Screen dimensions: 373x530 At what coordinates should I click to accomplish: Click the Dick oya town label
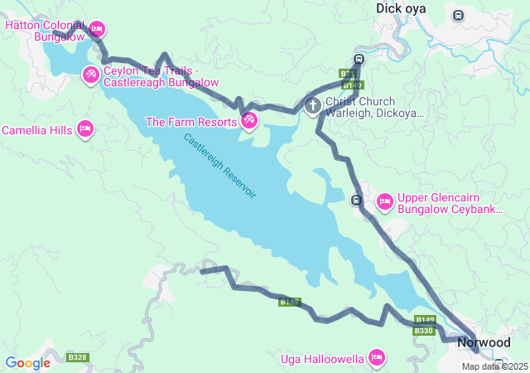(402, 8)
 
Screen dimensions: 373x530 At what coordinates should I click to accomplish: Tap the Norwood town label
(484, 342)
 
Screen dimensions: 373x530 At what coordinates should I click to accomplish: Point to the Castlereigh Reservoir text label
(220, 165)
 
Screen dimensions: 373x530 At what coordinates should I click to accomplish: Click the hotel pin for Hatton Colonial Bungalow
(96, 29)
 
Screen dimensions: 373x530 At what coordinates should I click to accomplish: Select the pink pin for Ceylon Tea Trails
(91, 75)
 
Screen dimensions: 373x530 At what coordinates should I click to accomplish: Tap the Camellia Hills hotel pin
(84, 129)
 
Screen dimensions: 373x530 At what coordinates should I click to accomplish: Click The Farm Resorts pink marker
(249, 122)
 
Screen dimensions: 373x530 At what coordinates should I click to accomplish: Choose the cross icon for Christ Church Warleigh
(313, 105)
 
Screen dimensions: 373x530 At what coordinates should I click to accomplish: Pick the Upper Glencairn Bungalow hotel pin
(384, 201)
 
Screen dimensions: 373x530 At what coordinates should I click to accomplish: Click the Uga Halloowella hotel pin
(377, 357)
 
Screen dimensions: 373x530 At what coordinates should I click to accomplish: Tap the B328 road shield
(77, 357)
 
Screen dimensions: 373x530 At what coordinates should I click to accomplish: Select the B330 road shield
(423, 331)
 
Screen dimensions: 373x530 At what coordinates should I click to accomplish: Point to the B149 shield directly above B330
(425, 320)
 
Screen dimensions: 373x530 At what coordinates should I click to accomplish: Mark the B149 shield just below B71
(353, 85)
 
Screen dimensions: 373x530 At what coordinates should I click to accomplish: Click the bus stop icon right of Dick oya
(458, 15)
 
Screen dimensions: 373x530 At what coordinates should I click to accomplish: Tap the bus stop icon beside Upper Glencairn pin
(357, 200)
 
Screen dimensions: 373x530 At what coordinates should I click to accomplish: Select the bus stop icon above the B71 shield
(358, 60)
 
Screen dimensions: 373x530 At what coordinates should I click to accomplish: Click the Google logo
(27, 363)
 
